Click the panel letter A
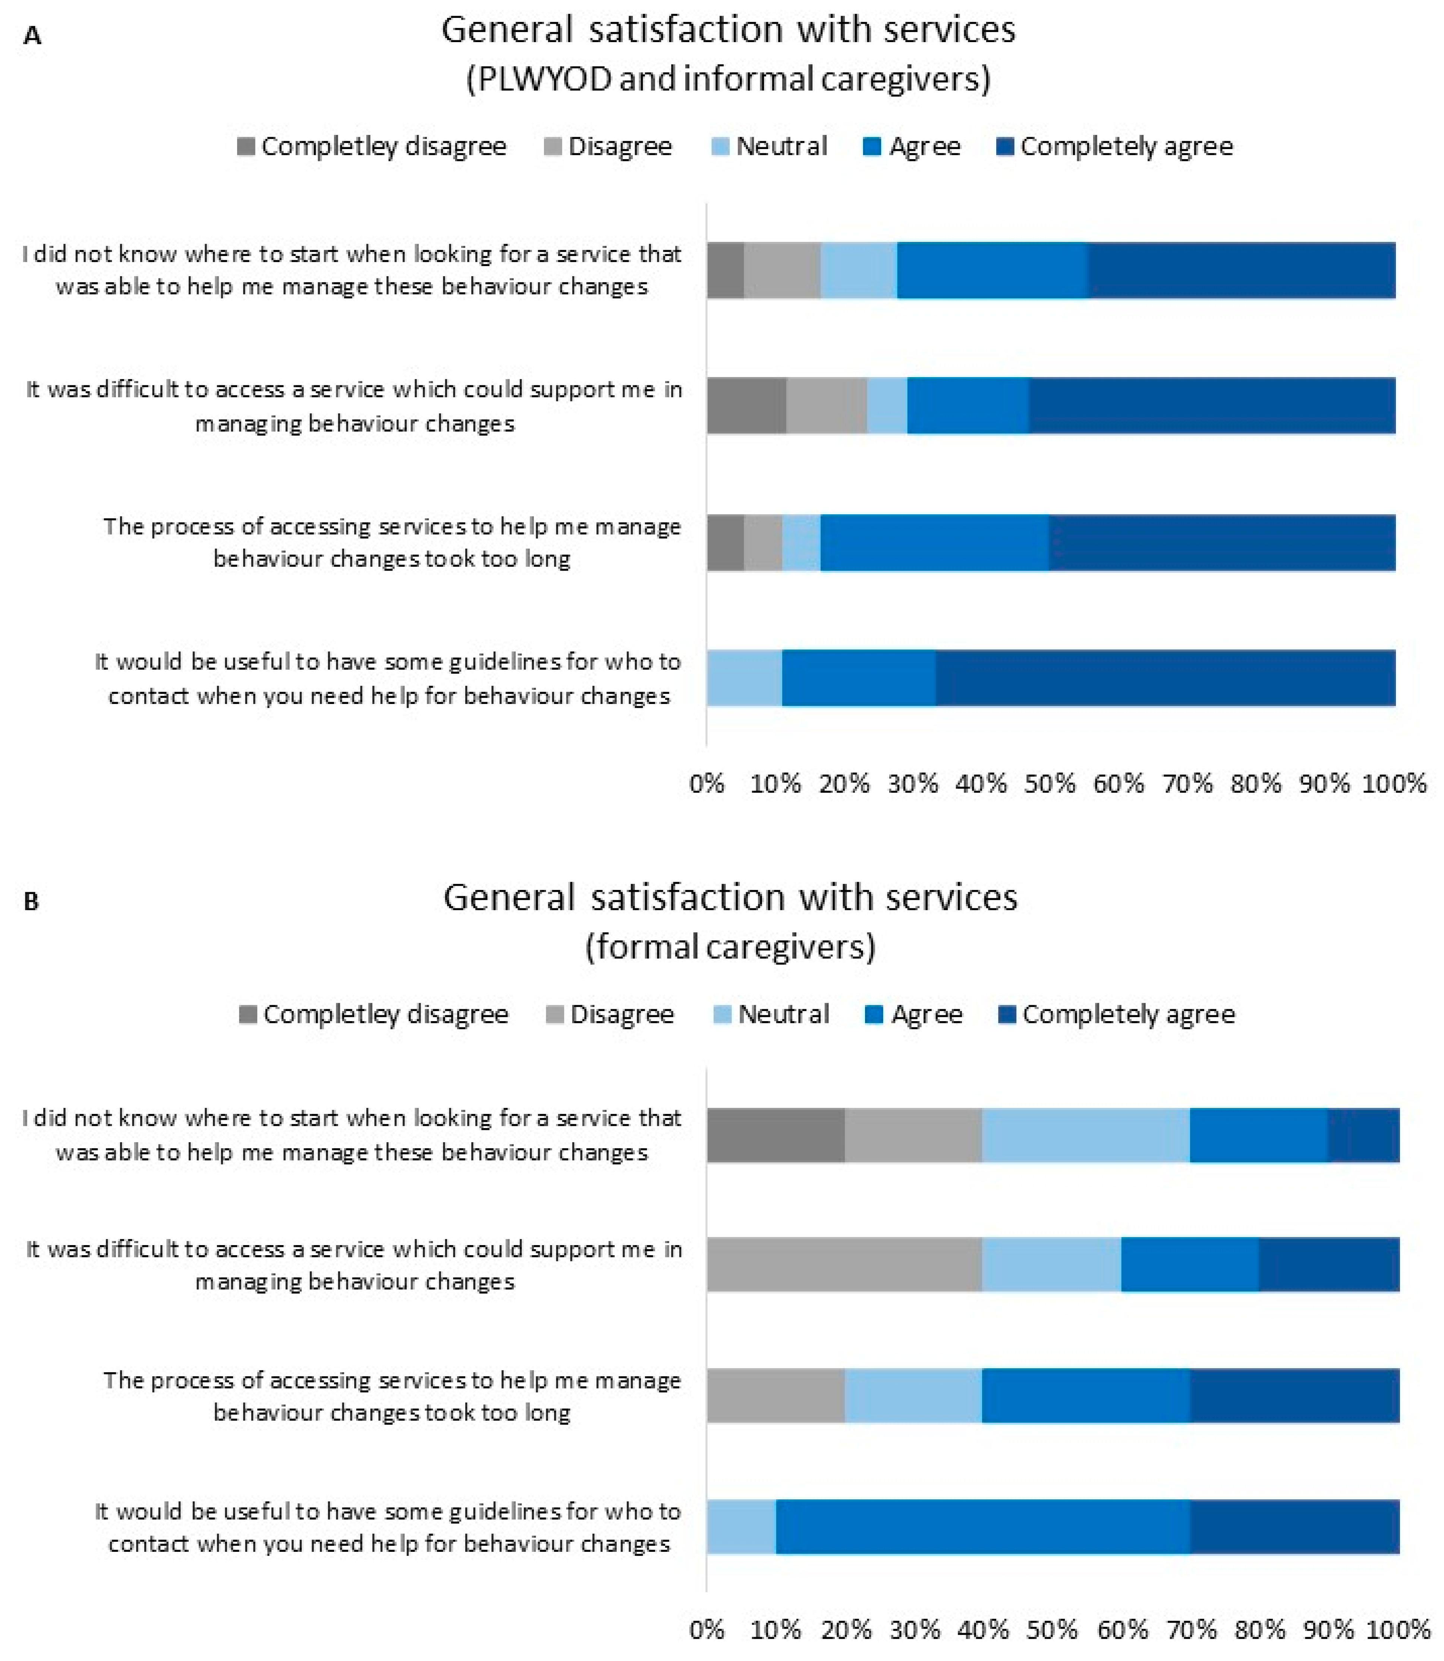[x=32, y=36]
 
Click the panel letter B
[x=31, y=901]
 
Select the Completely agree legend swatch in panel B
[x=1006, y=1014]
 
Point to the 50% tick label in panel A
[x=1050, y=784]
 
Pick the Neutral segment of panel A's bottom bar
[x=745, y=678]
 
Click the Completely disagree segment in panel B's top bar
[x=776, y=1135]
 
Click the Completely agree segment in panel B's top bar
[x=1363, y=1135]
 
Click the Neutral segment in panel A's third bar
[x=801, y=543]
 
